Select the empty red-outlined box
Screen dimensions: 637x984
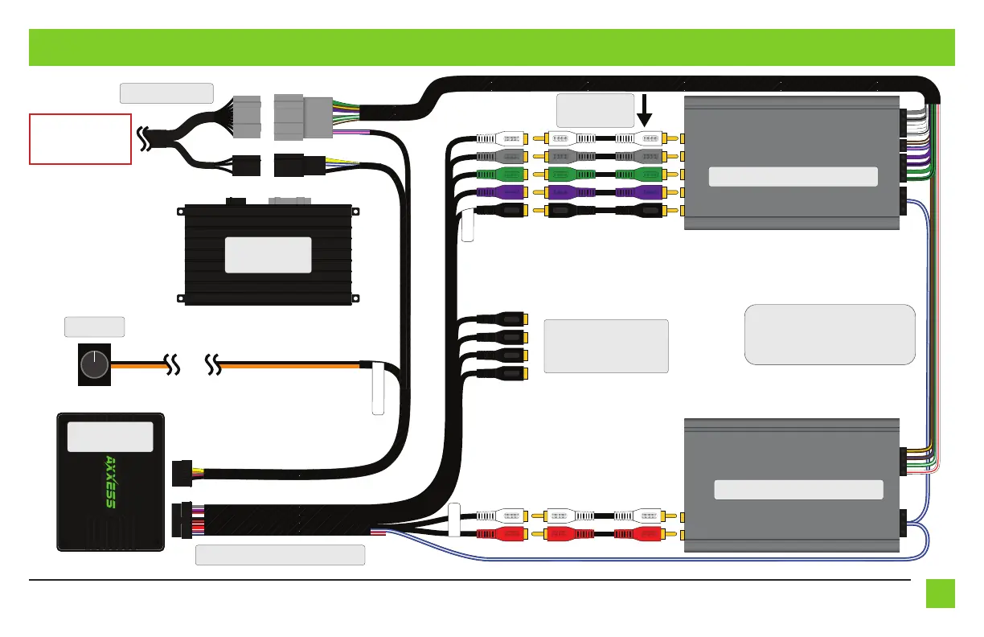pyautogui.click(x=80, y=139)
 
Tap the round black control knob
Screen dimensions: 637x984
pyautogui.click(x=94, y=366)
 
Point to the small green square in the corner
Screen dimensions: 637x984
pyautogui.click(x=940, y=594)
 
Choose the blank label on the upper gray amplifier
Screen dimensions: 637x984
pyautogui.click(x=793, y=177)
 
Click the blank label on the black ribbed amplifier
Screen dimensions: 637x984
pyautogui.click(x=268, y=254)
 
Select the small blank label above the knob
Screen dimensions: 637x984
pyautogui.click(x=94, y=327)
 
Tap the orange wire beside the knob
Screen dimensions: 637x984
pyautogui.click(x=141, y=366)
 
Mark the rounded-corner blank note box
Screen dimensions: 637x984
pyautogui.click(x=830, y=335)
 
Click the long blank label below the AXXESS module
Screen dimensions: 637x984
pyautogui.click(x=281, y=555)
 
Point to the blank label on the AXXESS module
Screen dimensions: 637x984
pyautogui.click(x=110, y=437)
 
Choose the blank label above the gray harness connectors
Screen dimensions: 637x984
pyautogui.click(x=166, y=92)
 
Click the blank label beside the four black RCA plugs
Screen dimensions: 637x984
pyautogui.click(x=606, y=346)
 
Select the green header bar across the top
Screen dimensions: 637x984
pyautogui.click(x=492, y=47)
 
